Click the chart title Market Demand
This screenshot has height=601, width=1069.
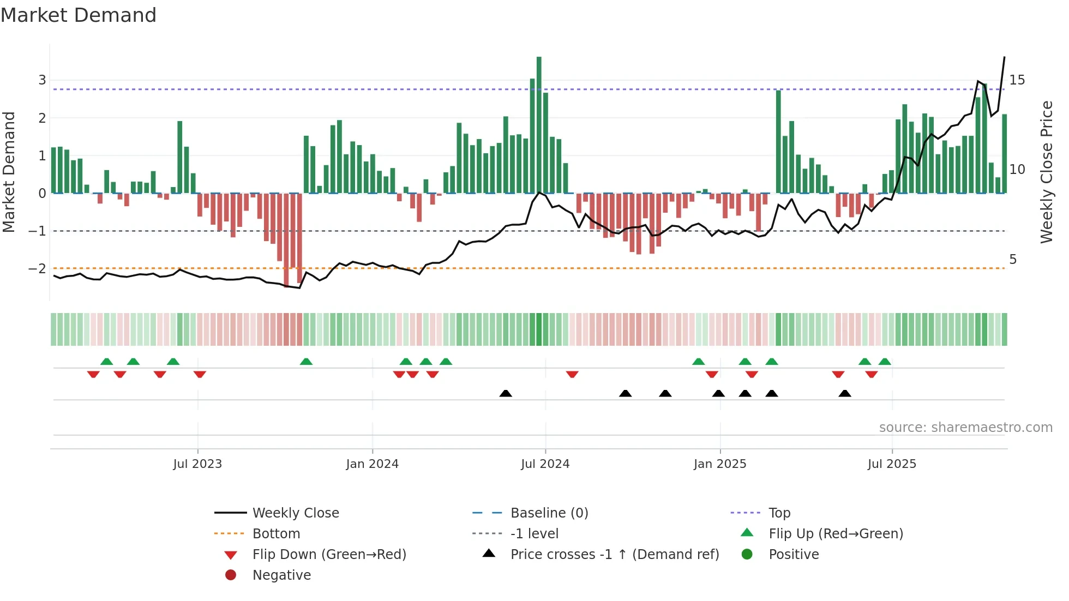click(x=79, y=15)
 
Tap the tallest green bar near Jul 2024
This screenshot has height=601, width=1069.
click(x=539, y=125)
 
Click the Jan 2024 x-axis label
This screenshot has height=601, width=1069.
click(x=372, y=464)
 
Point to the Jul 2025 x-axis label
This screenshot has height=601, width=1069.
click(x=892, y=464)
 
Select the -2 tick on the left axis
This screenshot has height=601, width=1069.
click(x=37, y=269)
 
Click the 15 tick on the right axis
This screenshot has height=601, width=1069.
click(x=1017, y=80)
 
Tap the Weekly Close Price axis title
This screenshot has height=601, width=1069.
click(x=1046, y=172)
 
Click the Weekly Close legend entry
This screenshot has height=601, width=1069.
click(x=295, y=513)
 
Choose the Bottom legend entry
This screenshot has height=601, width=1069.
click(x=276, y=534)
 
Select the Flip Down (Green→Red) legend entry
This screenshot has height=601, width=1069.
click(x=329, y=555)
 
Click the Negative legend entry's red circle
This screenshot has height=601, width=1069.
click(x=231, y=575)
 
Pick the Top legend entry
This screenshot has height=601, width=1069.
click(x=779, y=513)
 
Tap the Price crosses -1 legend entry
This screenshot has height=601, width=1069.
click(x=614, y=555)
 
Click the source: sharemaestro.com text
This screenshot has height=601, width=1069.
click(x=965, y=428)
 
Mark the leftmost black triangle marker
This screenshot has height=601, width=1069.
click(x=506, y=393)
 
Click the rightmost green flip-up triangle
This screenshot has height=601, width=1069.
click(x=885, y=362)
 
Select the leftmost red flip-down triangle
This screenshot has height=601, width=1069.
click(x=93, y=374)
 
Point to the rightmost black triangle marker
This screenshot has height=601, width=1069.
click(x=844, y=393)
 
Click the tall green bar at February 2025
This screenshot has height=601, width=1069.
click(x=778, y=142)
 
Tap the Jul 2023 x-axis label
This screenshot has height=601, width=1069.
click(x=197, y=464)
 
